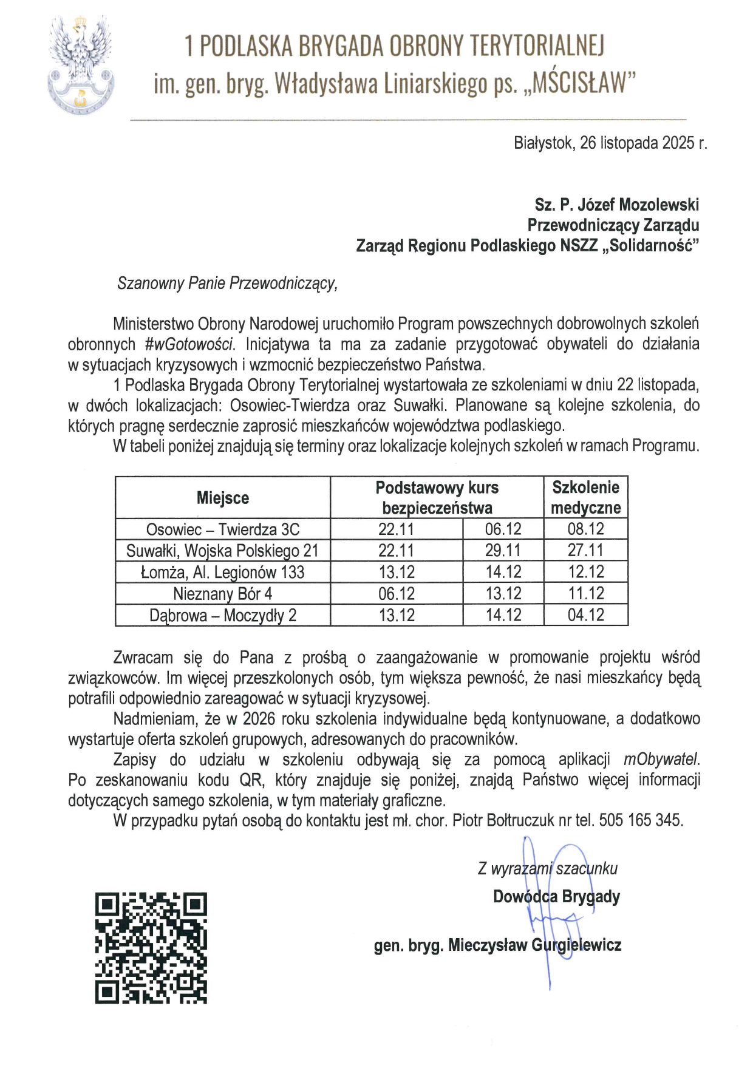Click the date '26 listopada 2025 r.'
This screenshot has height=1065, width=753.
(644, 143)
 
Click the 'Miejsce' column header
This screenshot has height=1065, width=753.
(223, 498)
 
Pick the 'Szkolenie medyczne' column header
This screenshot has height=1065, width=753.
(585, 497)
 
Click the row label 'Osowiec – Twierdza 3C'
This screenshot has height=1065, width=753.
(223, 529)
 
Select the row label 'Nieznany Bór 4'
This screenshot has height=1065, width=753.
(223, 593)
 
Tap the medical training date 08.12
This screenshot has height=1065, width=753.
(585, 529)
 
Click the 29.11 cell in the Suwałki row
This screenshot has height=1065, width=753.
(503, 551)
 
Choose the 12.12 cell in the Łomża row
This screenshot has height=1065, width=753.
(585, 572)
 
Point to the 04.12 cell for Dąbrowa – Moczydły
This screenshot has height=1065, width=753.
(585, 615)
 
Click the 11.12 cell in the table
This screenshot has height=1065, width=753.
(585, 593)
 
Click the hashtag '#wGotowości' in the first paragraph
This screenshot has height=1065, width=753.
(189, 344)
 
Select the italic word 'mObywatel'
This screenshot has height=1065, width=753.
(661, 760)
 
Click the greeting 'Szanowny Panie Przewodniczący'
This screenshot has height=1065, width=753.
(227, 284)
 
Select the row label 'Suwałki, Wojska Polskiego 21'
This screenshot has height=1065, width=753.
(223, 551)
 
